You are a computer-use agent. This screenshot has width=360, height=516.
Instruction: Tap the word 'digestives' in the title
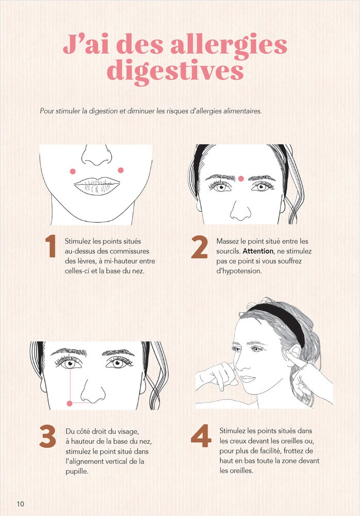tap(175, 71)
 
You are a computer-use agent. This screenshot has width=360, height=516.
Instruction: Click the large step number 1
tap(51, 247)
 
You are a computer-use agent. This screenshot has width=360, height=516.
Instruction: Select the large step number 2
tap(199, 247)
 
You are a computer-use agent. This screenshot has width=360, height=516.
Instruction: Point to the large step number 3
tap(47, 437)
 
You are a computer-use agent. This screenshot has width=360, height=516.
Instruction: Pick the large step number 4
tap(201, 436)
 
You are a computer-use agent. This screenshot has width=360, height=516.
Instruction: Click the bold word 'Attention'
tap(258, 251)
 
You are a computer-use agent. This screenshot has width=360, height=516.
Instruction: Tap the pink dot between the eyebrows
tap(241, 179)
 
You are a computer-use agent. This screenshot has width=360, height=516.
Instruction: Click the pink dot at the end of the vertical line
tap(70, 404)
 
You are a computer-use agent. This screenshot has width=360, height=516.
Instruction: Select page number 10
tap(21, 504)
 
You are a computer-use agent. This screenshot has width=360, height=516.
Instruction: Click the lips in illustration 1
tap(97, 186)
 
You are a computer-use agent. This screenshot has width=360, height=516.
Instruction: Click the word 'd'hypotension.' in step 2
tap(239, 271)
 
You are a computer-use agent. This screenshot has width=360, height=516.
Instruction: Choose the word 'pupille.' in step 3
tap(77, 471)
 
